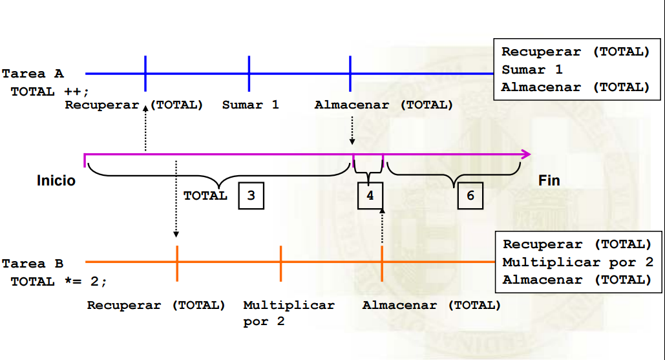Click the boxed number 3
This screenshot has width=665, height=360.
coord(251,196)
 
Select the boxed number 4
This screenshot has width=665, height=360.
coord(370,196)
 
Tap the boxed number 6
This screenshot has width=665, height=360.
coord(470,196)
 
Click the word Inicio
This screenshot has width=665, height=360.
coord(56,180)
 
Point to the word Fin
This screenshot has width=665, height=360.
coord(549,180)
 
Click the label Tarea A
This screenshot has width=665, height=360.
coord(33,74)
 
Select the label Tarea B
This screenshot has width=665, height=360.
coord(33,264)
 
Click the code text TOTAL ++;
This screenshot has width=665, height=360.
coord(50,92)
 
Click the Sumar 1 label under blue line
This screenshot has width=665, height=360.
coord(251,105)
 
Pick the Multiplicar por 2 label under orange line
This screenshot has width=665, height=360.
coord(289,313)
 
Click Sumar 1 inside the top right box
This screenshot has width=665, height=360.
coord(533,70)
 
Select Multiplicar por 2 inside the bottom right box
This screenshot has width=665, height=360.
coord(578,262)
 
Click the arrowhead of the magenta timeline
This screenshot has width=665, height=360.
coord(526,154)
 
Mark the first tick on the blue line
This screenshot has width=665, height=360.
coord(145,74)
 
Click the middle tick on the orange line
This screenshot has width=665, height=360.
coord(280,262)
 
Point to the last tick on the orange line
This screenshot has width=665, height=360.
coord(382,262)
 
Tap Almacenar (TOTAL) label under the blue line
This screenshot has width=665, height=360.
coord(384,105)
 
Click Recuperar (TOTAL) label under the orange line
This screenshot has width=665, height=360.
coord(156,305)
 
